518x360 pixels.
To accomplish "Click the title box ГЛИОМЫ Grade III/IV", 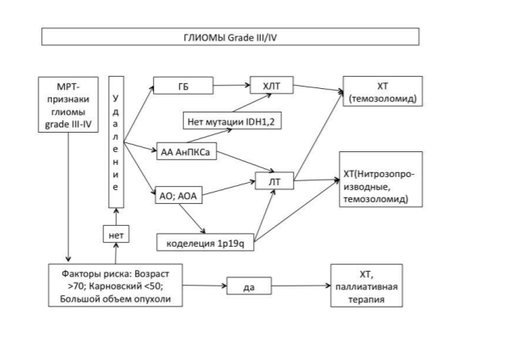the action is tap(230, 36).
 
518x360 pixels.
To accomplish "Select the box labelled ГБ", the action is tap(184, 86).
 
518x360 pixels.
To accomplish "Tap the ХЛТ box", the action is tap(272, 85).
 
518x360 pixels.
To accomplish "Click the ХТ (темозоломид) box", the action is tap(383, 91).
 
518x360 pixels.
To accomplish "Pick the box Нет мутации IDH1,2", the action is tap(232, 121).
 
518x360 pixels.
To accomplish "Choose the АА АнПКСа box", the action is tap(186, 151).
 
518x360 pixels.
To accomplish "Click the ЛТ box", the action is tap(274, 181).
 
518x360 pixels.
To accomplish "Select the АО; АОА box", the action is tap(179, 195).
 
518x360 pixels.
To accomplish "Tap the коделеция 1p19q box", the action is tap(205, 243).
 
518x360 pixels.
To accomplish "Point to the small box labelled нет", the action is tap(116, 234).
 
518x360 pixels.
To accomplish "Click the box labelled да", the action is tap(249, 286).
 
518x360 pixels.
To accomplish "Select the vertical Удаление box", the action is tap(117, 142).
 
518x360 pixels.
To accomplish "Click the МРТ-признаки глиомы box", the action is tap(68, 105).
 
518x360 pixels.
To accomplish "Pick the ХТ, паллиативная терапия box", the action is tap(367, 286).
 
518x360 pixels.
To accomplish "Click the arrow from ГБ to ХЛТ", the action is tap(231, 85).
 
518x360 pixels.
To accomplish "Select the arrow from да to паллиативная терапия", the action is tap(301, 286).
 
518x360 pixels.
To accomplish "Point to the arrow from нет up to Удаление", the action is tap(116, 217).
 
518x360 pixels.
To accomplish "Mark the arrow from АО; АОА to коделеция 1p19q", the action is tap(192, 218).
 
